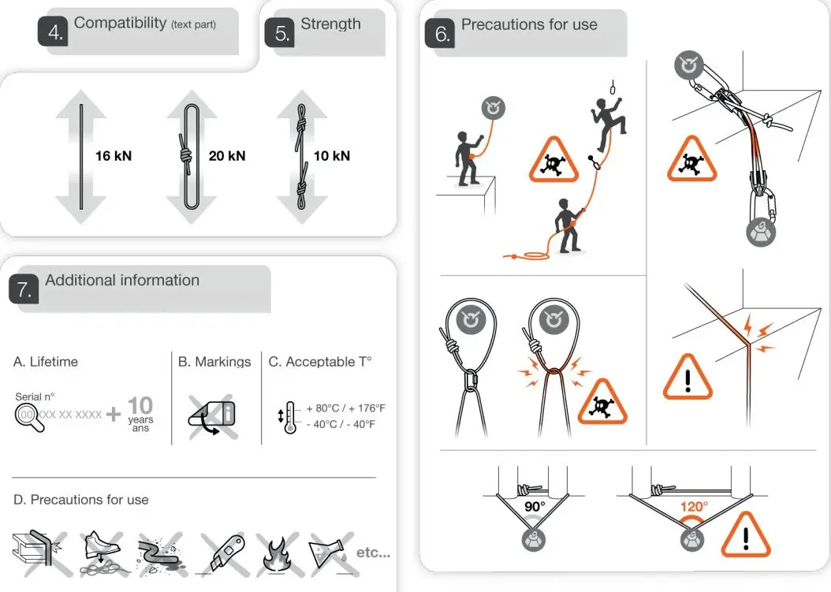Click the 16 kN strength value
114,156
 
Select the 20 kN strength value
227,156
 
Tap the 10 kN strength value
331,156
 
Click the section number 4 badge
53,32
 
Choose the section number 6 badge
442,34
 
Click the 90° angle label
535,506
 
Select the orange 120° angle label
695,506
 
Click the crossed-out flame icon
279,554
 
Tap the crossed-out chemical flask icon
327,553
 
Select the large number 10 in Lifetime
140,405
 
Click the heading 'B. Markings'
214,362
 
